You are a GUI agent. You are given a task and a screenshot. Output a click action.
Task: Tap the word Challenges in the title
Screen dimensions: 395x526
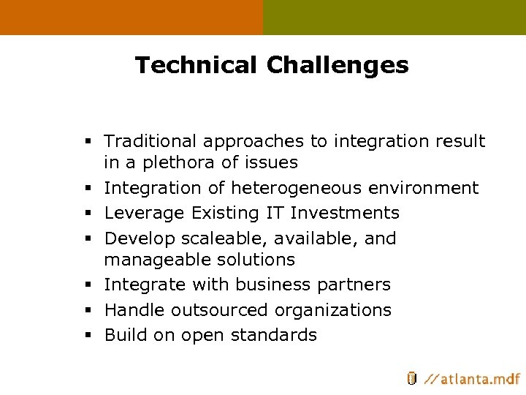(x=338, y=66)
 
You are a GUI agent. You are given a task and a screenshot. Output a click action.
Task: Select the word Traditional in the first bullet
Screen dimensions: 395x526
(x=150, y=141)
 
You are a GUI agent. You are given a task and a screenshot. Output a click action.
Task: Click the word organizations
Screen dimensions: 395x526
(x=332, y=310)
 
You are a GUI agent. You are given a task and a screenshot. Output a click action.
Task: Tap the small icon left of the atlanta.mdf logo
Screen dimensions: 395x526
(x=411, y=378)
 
